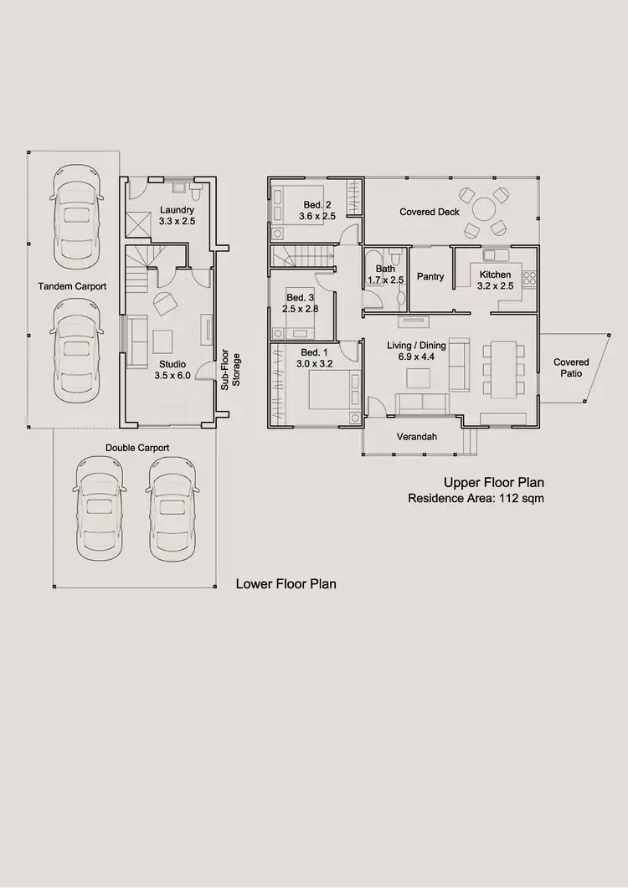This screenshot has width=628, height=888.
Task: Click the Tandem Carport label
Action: pos(72,286)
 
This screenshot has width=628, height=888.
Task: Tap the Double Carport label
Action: pos(137,448)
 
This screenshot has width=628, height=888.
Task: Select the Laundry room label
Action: pos(177,210)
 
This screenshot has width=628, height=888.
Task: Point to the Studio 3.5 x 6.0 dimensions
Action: pos(172,376)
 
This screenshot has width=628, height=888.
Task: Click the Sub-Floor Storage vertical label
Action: pos(230,371)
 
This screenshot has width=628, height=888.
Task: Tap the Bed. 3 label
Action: pos(301,298)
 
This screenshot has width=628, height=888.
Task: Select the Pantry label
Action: pos(430,277)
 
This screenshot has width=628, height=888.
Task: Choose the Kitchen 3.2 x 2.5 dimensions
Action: pos(496,285)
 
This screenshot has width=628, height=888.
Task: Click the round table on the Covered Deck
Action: pos(485,208)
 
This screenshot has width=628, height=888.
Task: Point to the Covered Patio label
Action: pos(571,367)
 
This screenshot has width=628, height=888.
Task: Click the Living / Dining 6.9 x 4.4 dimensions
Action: pos(416,357)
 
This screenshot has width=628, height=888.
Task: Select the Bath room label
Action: pos(385,269)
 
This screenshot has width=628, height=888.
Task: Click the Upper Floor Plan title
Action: pos(494,482)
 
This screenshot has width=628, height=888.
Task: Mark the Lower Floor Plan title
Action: pos(286,583)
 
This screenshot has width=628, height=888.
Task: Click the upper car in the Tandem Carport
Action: pos(76,213)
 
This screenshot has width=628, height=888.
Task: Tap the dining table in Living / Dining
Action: pos(502,368)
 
